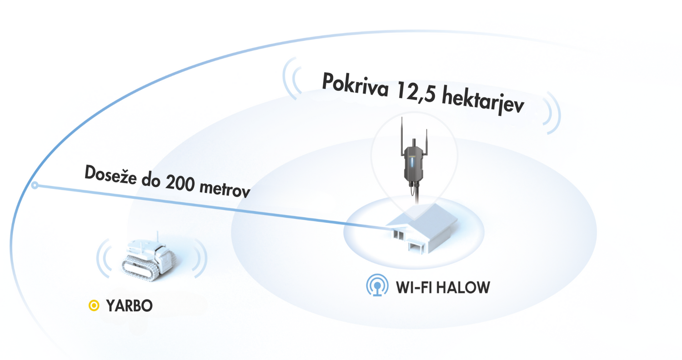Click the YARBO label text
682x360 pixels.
pyautogui.click(x=129, y=306)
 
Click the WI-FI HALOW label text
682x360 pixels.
pyautogui.click(x=442, y=287)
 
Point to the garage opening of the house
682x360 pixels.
pyautogui.click(x=416, y=248)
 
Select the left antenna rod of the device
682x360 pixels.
pyautogui.click(x=402, y=135)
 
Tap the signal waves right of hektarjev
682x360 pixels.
pyautogui.click(x=551, y=113)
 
